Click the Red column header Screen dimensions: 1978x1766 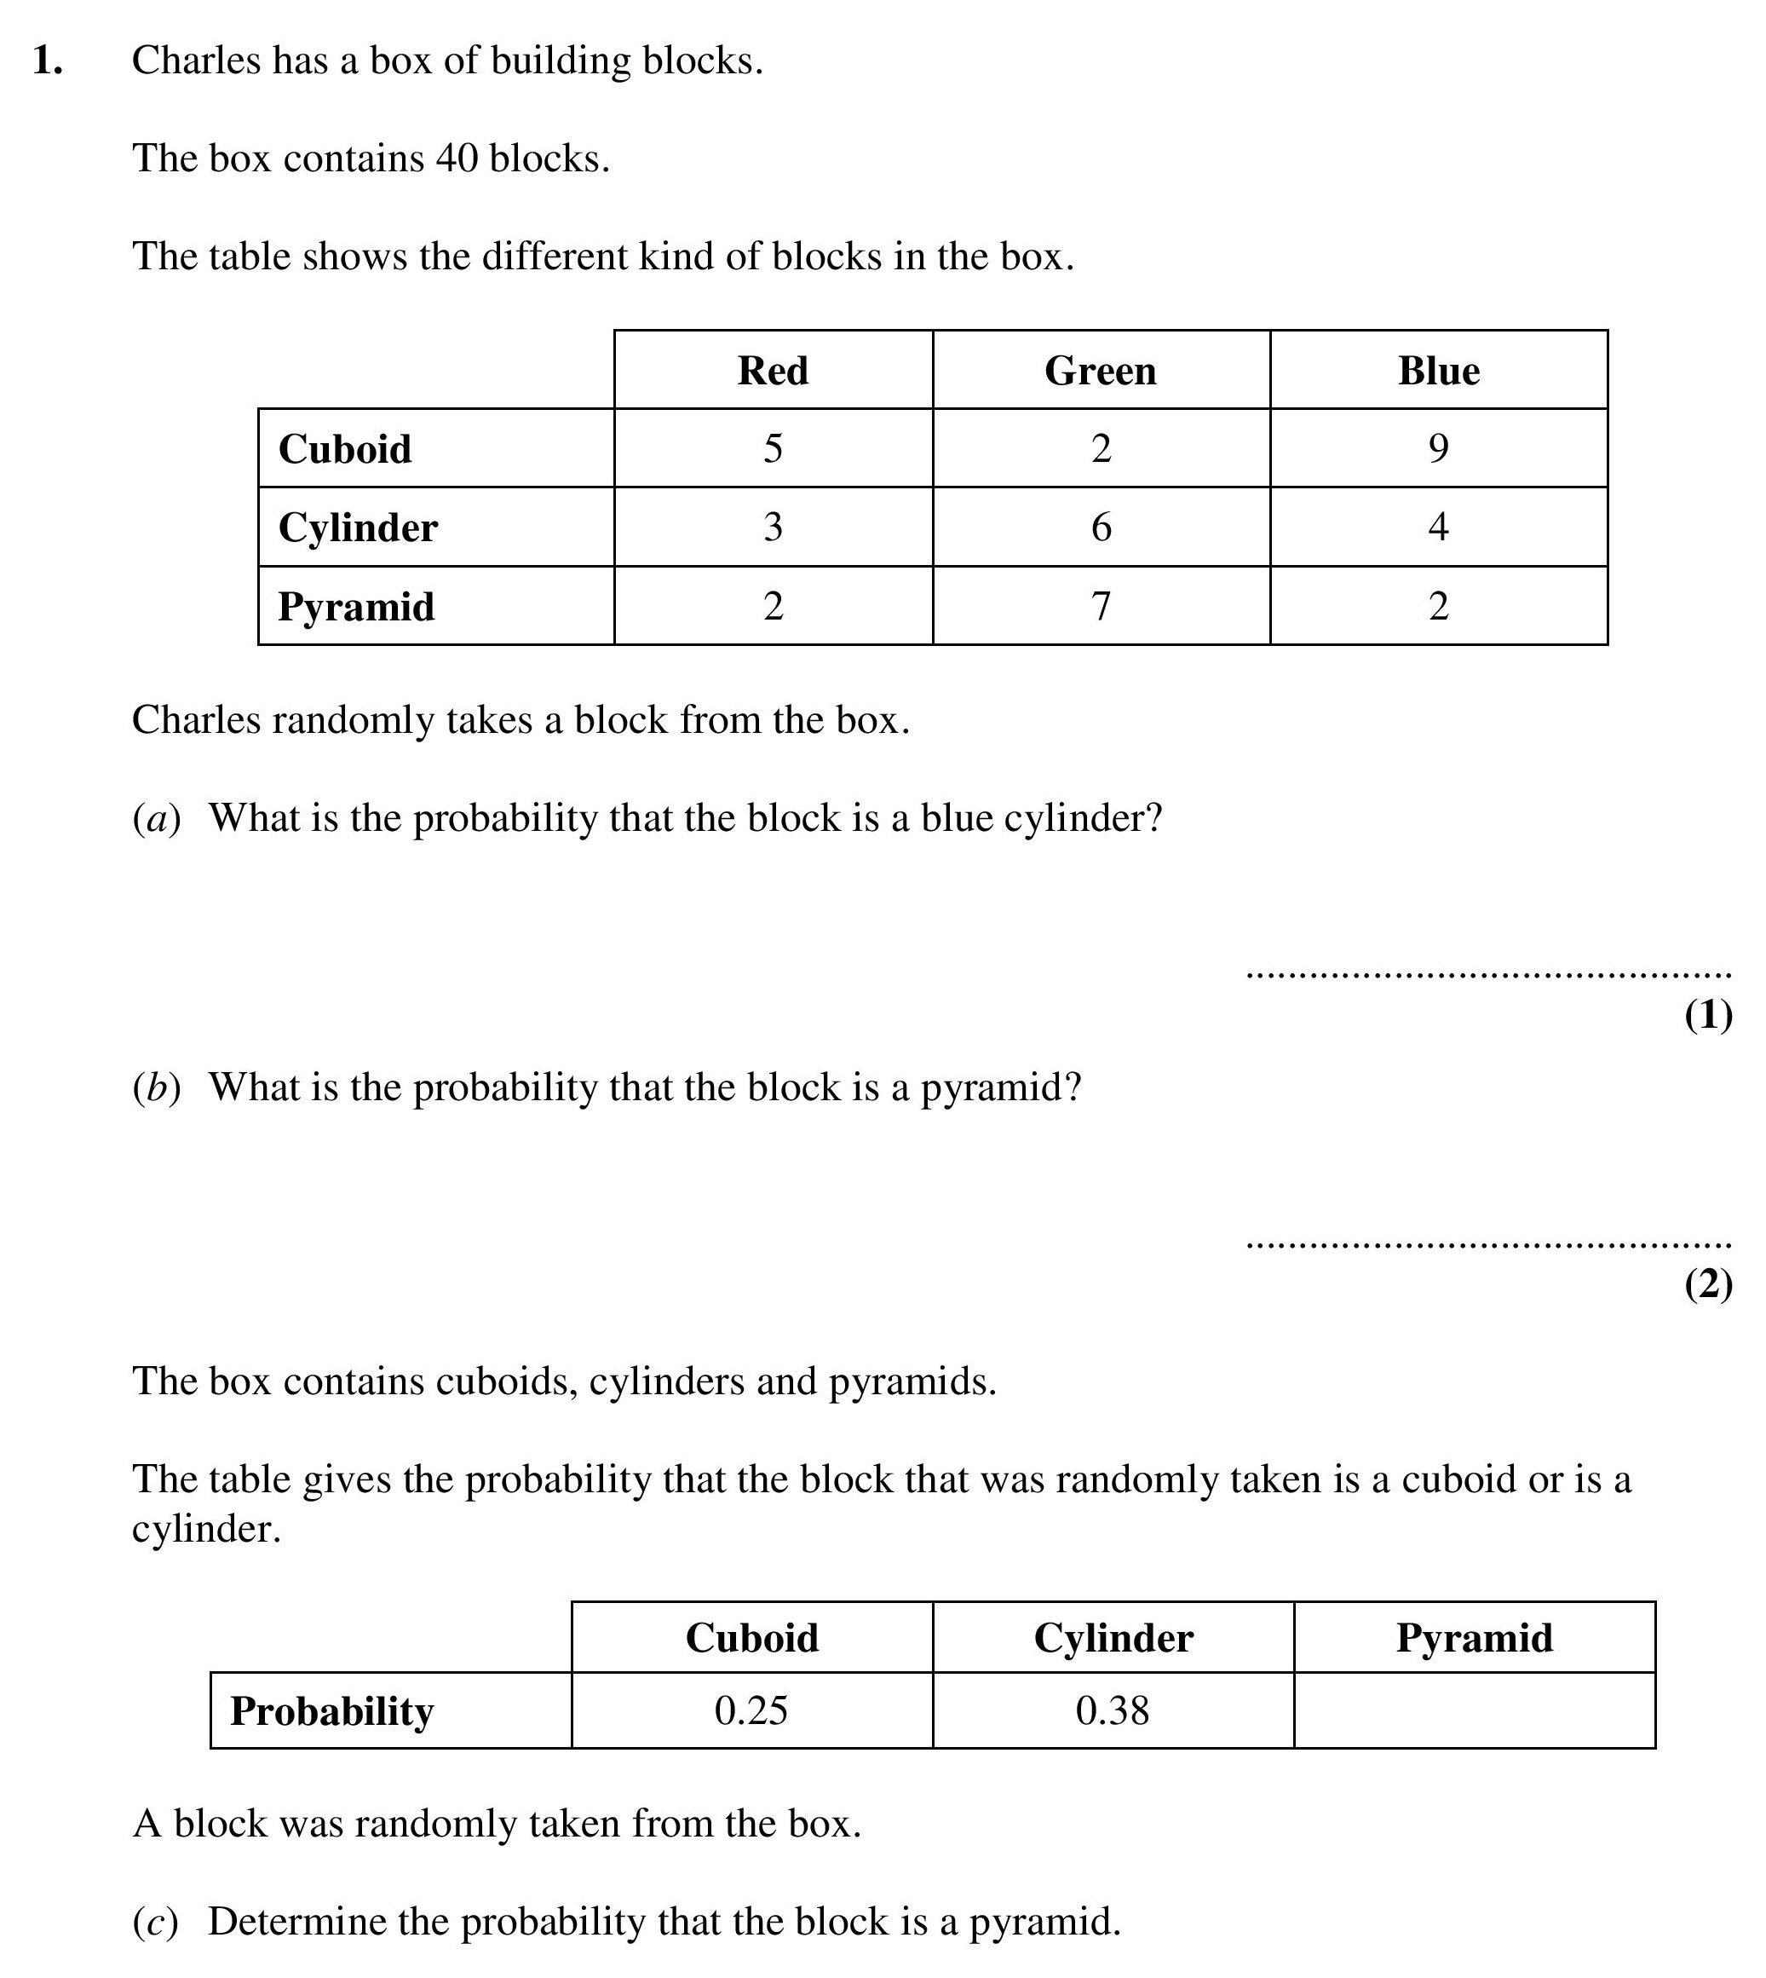[773, 371]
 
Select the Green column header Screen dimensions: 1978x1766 [1101, 371]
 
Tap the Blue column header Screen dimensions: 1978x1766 [1438, 371]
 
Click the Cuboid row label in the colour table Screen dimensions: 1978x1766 [344, 449]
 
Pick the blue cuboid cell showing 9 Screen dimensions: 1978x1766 [1438, 448]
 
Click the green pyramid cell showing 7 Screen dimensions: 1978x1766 [1101, 607]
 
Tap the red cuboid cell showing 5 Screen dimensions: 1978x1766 [773, 448]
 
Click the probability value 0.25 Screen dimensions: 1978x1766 [751, 1710]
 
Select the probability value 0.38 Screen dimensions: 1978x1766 [1112, 1710]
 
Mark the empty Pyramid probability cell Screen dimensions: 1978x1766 [1474, 1710]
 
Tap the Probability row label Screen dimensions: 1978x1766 [332, 1711]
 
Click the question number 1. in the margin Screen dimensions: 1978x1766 [48, 61]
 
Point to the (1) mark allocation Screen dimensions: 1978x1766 [1708, 1015]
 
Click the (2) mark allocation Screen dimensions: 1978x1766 [1708, 1284]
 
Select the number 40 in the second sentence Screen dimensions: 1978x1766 [456, 159]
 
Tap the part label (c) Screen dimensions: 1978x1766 [155, 1922]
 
